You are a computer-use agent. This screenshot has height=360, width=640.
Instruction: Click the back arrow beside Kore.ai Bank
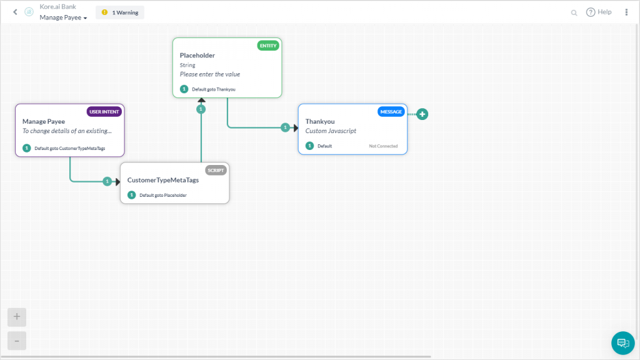pos(15,12)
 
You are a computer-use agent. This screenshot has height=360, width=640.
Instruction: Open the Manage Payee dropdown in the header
pos(63,17)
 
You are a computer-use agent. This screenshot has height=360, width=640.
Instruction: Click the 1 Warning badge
pos(120,12)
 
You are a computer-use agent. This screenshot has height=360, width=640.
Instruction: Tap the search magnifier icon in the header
pos(574,12)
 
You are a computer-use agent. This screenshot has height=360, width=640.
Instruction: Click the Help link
pos(599,12)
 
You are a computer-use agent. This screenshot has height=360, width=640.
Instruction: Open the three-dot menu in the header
pos(626,12)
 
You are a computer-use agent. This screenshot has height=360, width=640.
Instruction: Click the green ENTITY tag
pos(268,46)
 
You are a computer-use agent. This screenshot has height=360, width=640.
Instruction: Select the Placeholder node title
pos(197,56)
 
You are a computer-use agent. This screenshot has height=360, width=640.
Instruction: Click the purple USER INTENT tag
pos(104,112)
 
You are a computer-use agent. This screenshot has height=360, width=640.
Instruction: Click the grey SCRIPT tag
pos(216,170)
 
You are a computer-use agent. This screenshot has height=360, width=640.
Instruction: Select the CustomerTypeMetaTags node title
pos(163,180)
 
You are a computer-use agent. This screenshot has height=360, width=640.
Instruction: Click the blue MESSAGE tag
pos(391,112)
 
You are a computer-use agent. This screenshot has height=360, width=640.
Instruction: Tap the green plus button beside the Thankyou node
pos(422,114)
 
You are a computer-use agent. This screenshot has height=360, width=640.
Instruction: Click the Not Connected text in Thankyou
pos(383,146)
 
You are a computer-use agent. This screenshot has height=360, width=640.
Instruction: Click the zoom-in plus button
pos(17,317)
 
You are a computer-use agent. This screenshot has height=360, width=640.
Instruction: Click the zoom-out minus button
pos(17,341)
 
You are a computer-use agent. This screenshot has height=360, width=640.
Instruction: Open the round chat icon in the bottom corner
pos(622,342)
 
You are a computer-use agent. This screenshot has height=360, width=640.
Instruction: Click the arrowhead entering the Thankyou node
pos(295,127)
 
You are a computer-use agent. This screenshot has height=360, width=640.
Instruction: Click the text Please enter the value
pos(210,74)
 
